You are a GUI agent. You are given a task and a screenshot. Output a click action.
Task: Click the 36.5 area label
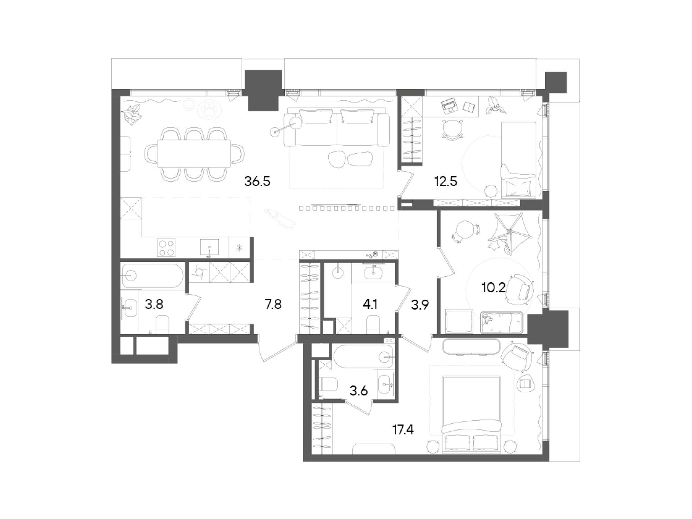257,181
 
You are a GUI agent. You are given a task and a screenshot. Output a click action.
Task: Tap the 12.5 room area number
446,181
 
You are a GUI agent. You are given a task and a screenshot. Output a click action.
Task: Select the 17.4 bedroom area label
403,430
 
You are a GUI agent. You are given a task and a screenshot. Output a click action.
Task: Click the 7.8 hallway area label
273,304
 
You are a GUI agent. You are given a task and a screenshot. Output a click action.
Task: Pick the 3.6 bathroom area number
358,391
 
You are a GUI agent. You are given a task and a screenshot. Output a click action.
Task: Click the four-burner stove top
166,248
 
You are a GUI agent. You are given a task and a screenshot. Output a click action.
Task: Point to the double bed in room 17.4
472,415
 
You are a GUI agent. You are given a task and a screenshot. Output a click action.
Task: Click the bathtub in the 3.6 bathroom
363,356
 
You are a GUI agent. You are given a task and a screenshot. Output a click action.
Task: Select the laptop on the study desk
449,106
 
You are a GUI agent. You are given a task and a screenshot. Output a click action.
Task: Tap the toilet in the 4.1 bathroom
373,325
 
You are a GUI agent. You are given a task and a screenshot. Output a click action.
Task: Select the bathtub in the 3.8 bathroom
152,276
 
